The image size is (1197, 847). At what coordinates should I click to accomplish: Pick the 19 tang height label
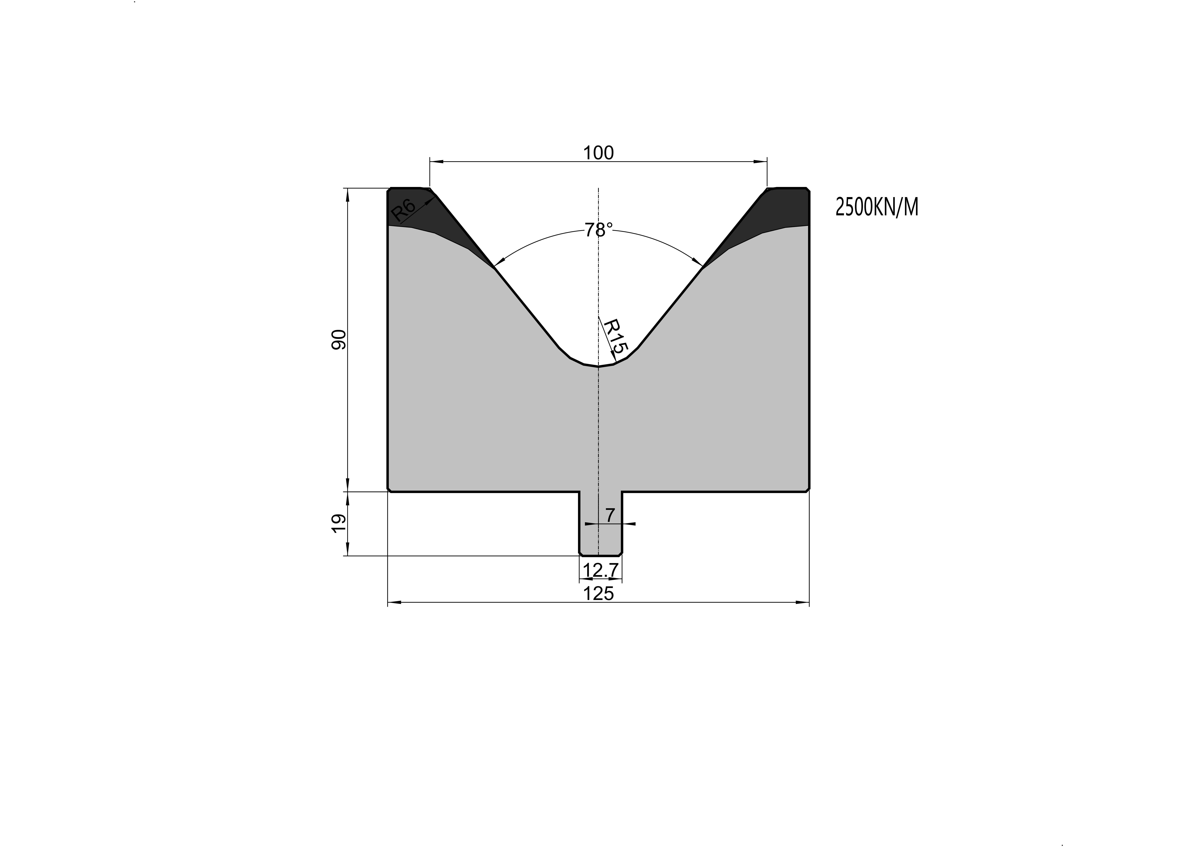(x=339, y=523)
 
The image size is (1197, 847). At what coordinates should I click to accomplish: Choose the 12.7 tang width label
(x=601, y=571)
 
